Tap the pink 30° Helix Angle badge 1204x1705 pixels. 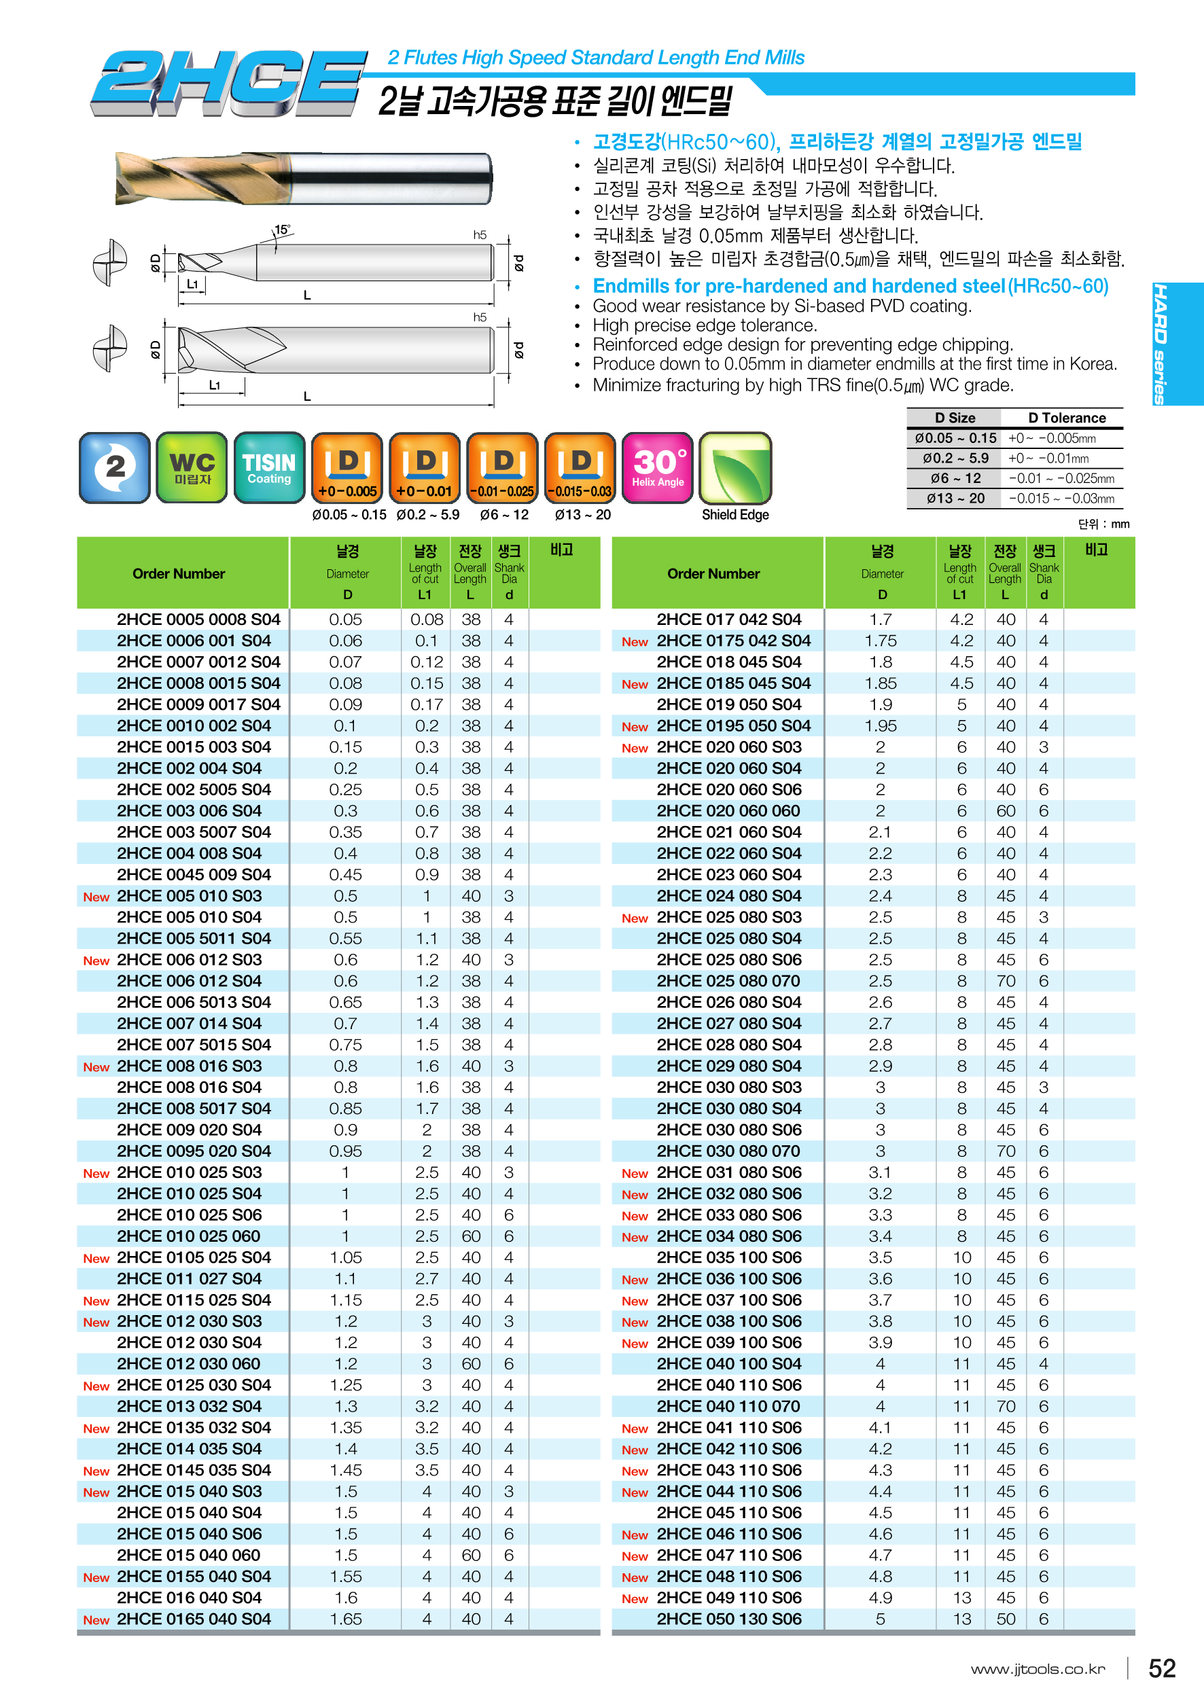[x=657, y=468]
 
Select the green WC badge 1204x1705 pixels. [x=192, y=468]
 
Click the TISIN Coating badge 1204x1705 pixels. [x=269, y=468]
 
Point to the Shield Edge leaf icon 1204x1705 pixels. [x=735, y=468]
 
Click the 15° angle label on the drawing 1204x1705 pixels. [x=282, y=230]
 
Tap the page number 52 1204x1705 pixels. [x=1162, y=1668]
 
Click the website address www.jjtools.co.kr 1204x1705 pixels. [x=1038, y=1670]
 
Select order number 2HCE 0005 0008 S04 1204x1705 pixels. [x=198, y=620]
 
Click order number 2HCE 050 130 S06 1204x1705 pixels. [x=728, y=1619]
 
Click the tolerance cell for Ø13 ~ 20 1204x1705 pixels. [x=1061, y=499]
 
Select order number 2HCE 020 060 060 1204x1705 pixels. [x=728, y=811]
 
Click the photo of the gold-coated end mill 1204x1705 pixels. [x=303, y=178]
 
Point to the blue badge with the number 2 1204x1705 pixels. [x=114, y=468]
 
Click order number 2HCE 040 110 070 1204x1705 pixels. [x=728, y=1407]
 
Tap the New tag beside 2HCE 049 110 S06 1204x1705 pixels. [x=635, y=1599]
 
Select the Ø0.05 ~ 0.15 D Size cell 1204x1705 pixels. [x=955, y=438]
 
